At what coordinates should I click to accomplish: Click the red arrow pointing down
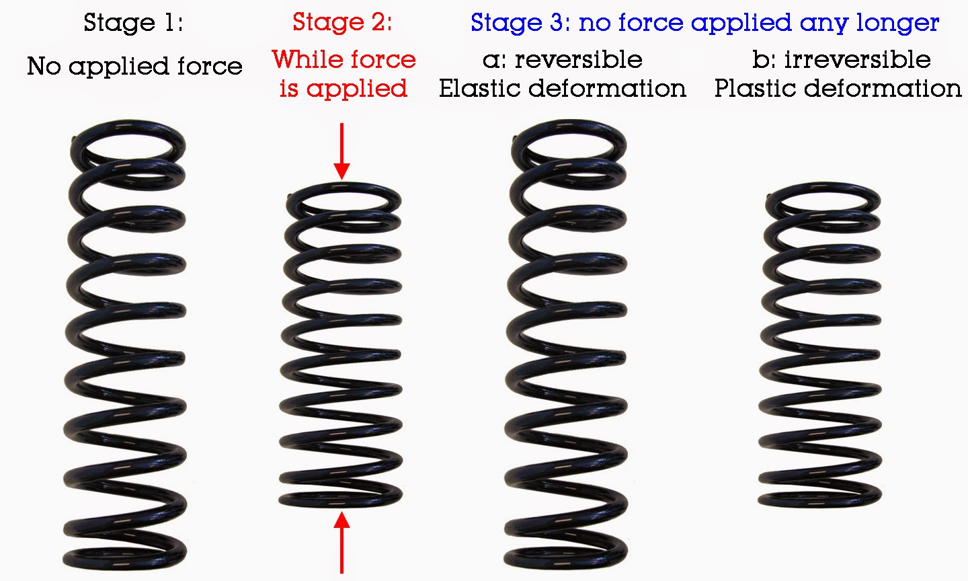(341, 151)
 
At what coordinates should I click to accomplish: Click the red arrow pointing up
(341, 543)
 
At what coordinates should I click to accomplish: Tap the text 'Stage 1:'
(133, 23)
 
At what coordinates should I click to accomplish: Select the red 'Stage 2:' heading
(342, 22)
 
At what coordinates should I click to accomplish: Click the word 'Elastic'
(481, 88)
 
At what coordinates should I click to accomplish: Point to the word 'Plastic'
(756, 88)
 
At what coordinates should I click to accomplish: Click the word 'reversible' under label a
(578, 60)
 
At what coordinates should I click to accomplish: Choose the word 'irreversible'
(857, 60)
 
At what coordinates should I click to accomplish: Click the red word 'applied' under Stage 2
(357, 89)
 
